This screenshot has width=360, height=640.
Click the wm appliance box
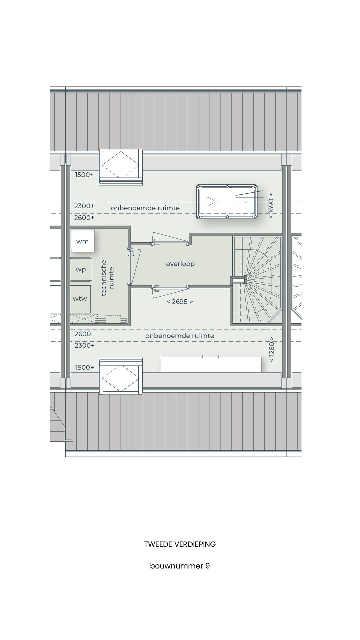tap(82, 241)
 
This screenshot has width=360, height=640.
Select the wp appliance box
tap(81, 269)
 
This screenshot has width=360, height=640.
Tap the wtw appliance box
tap(80, 298)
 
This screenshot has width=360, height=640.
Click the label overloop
tap(180, 264)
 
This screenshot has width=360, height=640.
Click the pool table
tap(227, 202)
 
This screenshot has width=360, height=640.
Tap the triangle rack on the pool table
tap(210, 201)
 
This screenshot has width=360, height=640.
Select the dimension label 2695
tap(180, 302)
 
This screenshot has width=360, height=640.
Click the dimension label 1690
tap(271, 206)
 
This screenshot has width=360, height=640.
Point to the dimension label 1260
tap(272, 352)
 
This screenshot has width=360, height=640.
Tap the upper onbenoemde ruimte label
tap(145, 208)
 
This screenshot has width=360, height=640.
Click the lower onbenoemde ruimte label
tap(179, 336)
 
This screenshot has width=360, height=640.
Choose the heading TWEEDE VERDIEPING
tap(180, 544)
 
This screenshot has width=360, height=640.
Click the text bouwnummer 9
tap(180, 566)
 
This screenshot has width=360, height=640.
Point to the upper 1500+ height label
tap(84, 175)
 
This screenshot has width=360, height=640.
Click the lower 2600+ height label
tap(84, 334)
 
